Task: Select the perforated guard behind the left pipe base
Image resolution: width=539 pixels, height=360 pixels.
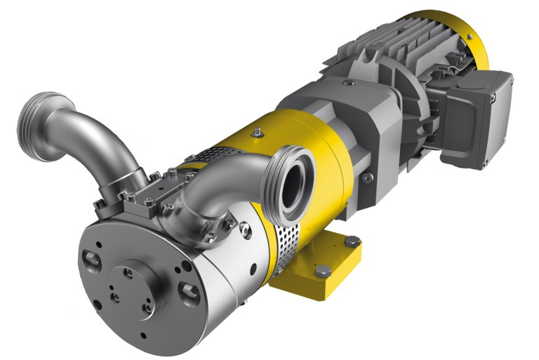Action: click(211, 154)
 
